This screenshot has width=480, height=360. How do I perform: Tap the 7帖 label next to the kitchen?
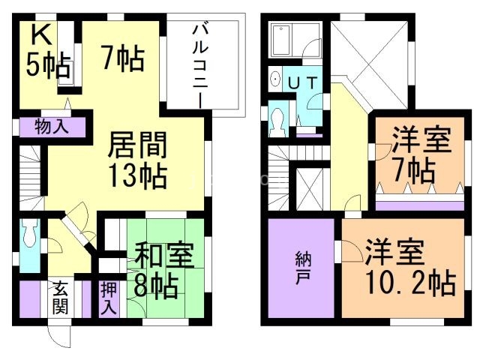tap(120, 59)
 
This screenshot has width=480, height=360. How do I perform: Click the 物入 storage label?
tap(52, 126)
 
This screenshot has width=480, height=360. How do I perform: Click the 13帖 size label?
tap(138, 177)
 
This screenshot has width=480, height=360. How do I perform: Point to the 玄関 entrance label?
tap(61, 298)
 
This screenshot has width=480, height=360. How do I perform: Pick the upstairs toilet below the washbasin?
tap(277, 118)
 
